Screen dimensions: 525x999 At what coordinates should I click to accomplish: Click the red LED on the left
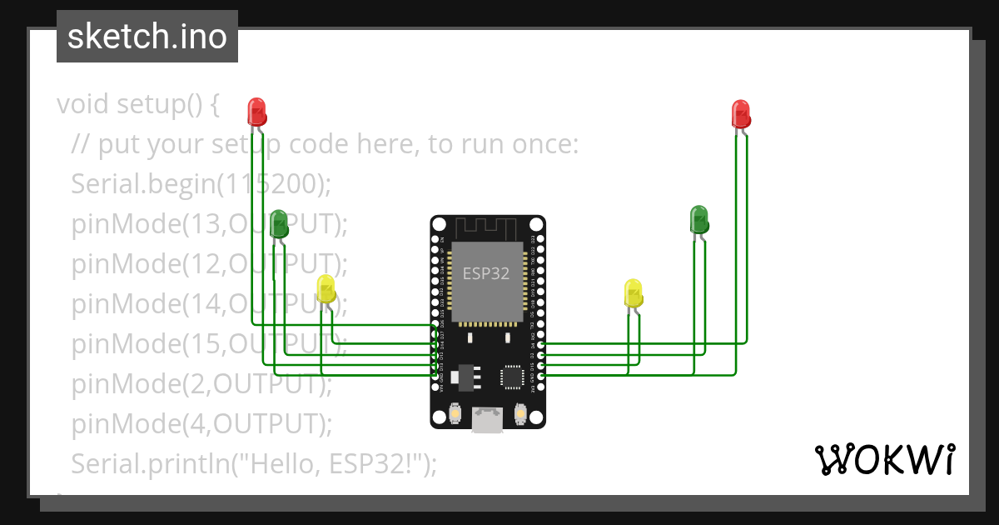256,111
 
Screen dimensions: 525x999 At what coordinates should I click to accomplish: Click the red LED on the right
740,112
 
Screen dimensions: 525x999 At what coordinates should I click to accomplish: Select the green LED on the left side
278,222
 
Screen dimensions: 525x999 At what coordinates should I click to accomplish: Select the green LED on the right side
699,219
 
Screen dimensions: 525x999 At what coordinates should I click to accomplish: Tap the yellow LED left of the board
326,288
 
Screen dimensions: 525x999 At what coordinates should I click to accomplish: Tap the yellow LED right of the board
634,293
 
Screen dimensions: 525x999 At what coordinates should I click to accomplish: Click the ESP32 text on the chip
486,273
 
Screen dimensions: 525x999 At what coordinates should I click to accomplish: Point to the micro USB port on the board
488,419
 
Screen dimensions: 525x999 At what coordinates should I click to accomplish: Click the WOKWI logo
883,460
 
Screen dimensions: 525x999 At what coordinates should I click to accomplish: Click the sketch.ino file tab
147,37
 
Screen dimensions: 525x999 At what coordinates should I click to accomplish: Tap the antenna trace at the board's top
487,227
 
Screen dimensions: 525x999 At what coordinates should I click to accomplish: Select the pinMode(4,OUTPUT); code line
201,423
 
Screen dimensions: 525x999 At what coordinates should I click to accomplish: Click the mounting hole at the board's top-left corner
438,224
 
